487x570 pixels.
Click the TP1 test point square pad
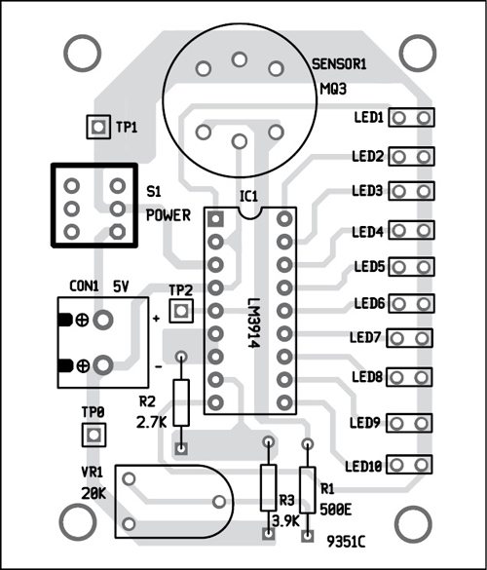(x=98, y=127)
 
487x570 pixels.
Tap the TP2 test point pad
(x=181, y=311)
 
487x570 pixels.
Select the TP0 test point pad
(x=94, y=435)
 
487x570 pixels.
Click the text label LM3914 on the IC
(x=254, y=323)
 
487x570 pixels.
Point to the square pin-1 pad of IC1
(x=215, y=219)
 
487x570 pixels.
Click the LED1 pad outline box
(x=411, y=118)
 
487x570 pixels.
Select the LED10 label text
(x=364, y=466)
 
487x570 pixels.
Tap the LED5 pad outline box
(x=411, y=267)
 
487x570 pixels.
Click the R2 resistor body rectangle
(x=181, y=402)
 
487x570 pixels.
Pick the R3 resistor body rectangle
(x=269, y=487)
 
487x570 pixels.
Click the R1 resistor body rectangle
(x=307, y=490)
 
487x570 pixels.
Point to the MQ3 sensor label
(x=333, y=89)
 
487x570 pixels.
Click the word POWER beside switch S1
(x=169, y=215)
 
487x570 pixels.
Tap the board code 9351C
(x=346, y=542)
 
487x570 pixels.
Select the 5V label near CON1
(x=121, y=286)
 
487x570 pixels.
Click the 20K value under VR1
(x=94, y=493)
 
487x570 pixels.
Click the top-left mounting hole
(x=82, y=53)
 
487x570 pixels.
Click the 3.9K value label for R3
(x=286, y=521)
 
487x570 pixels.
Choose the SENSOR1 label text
(x=339, y=64)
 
